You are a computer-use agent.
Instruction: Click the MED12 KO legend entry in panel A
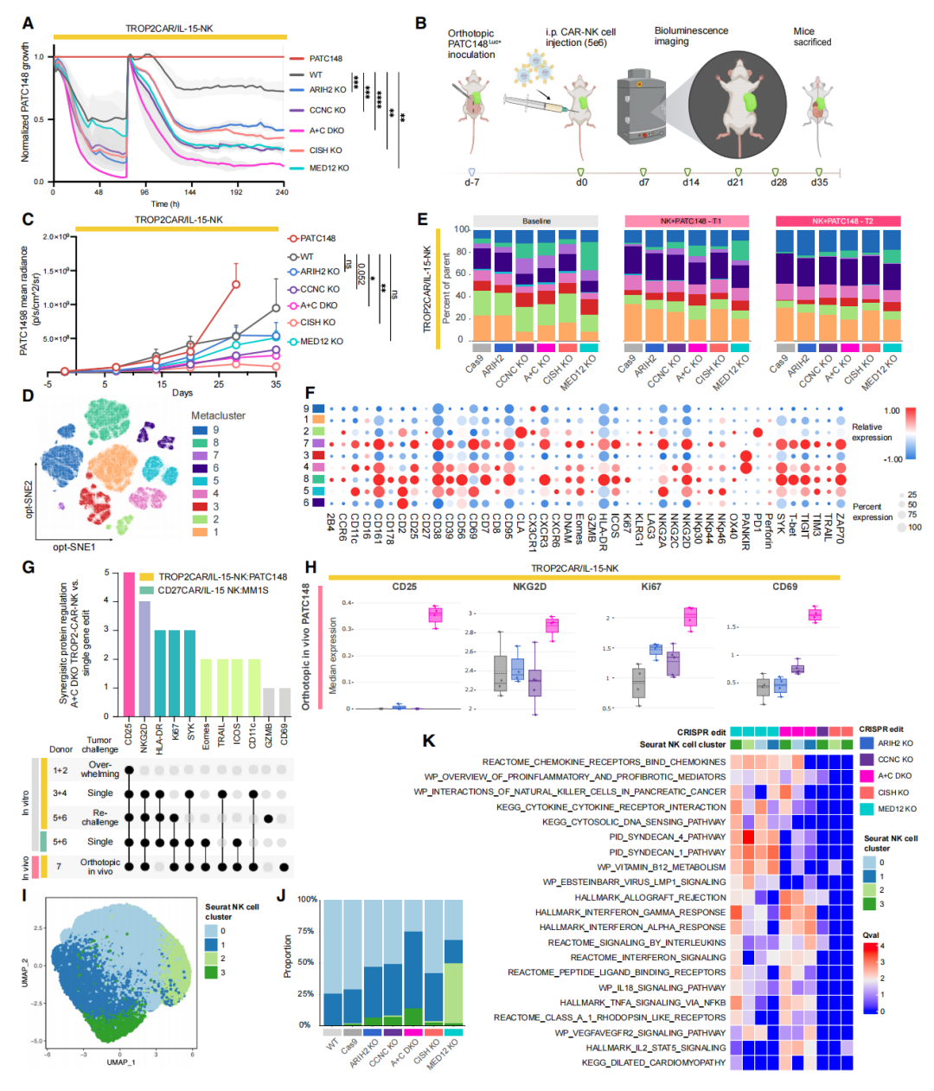click(x=329, y=168)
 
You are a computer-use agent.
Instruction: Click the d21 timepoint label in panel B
click(x=735, y=183)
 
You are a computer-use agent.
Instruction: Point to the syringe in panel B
click(x=528, y=104)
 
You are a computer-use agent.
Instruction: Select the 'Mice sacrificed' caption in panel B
click(x=812, y=36)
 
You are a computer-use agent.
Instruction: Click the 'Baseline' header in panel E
click(x=536, y=221)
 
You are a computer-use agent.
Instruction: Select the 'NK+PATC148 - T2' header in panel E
click(x=838, y=221)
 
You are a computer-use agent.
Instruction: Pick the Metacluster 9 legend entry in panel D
click(x=215, y=430)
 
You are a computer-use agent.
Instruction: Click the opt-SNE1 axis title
click(x=74, y=547)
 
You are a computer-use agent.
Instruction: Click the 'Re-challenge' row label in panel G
click(x=100, y=818)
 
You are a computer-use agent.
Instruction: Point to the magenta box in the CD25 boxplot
click(x=435, y=615)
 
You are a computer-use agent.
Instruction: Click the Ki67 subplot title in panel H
click(x=650, y=587)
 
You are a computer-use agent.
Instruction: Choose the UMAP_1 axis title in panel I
click(x=121, y=1062)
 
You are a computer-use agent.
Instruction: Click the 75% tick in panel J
click(x=305, y=931)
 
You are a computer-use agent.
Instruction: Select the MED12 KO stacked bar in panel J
click(x=453, y=962)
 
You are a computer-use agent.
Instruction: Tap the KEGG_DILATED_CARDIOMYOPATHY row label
click(x=653, y=1062)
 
